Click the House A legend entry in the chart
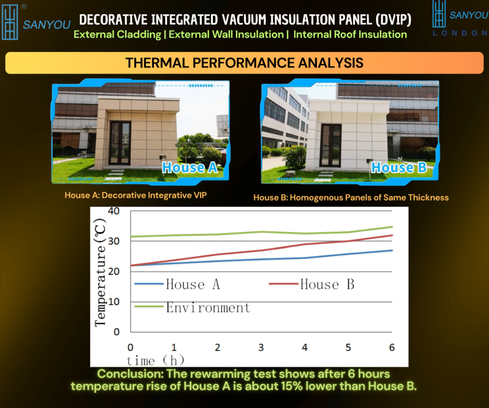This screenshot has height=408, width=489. click(177, 284)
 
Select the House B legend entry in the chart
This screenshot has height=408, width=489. click(311, 284)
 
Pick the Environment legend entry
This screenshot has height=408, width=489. click(192, 308)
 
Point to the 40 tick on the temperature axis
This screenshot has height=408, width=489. click(114, 211)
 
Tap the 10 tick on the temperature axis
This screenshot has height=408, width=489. click(114, 301)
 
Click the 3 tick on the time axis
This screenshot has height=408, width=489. click(261, 347)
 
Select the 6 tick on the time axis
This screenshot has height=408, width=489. click(392, 347)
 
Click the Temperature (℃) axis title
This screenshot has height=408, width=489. click(100, 272)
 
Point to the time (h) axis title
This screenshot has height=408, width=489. click(155, 361)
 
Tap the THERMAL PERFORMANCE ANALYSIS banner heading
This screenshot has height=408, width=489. click(244, 63)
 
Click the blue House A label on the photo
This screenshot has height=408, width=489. click(190, 168)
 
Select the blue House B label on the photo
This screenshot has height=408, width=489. click(399, 168)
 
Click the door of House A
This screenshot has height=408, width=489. click(120, 143)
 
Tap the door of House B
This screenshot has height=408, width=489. click(331, 145)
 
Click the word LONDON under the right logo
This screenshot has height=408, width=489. click(460, 33)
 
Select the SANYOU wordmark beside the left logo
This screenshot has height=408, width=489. click(47, 25)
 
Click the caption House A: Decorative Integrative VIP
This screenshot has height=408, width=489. click(136, 195)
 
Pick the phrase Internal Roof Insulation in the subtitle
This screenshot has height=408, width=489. click(350, 34)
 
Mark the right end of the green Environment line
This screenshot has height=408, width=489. click(393, 227)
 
